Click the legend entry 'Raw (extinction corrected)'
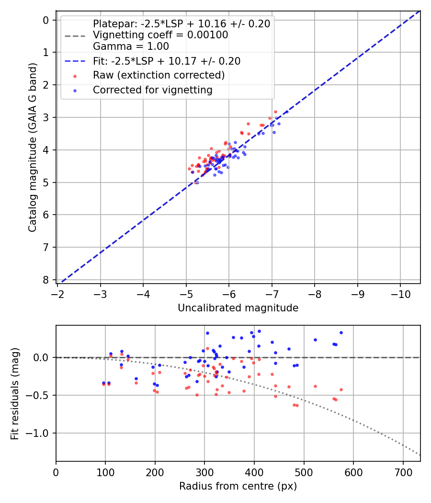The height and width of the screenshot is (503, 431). click(x=159, y=75)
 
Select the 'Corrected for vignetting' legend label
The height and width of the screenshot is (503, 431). click(x=152, y=90)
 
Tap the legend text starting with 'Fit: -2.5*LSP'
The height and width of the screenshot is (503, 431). click(x=166, y=61)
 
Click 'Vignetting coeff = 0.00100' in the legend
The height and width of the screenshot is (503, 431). click(x=160, y=35)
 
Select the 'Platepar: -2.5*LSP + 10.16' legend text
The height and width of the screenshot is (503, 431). click(x=181, y=23)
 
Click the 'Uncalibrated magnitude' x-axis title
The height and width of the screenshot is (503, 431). click(x=238, y=308)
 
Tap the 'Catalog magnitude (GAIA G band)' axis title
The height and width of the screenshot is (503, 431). click(x=32, y=150)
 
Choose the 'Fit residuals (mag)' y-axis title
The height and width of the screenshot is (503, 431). click(x=15, y=393)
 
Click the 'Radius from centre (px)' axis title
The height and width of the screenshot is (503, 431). click(x=238, y=486)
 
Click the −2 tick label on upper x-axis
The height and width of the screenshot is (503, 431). click(x=58, y=294)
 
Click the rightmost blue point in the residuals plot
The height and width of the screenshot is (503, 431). click(x=341, y=332)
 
